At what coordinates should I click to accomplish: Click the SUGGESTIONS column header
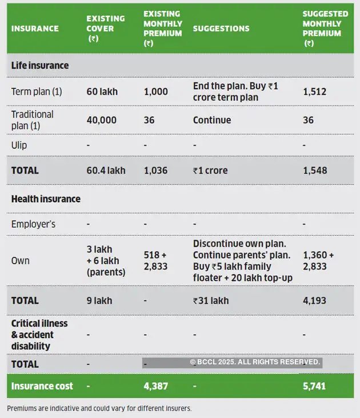(x=221, y=28)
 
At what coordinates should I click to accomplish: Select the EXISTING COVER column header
(x=100, y=28)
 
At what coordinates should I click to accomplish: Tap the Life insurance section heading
(x=40, y=66)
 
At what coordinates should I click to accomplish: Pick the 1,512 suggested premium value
(x=314, y=91)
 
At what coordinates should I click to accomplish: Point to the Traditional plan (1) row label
(x=33, y=120)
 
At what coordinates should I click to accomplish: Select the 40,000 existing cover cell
(x=102, y=120)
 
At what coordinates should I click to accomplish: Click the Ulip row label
(x=19, y=145)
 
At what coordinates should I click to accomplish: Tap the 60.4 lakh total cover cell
(x=106, y=170)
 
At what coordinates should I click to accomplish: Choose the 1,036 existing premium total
(x=155, y=170)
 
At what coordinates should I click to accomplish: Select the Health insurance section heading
(x=46, y=199)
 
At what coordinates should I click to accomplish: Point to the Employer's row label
(x=33, y=224)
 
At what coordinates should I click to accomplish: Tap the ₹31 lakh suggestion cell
(x=211, y=300)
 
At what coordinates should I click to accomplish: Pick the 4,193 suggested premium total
(x=314, y=300)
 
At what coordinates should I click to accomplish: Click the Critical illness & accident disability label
(x=39, y=335)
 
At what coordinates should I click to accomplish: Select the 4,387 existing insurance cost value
(x=155, y=386)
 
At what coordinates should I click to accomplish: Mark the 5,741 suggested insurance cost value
(x=314, y=386)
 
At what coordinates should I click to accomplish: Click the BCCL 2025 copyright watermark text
(x=255, y=362)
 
